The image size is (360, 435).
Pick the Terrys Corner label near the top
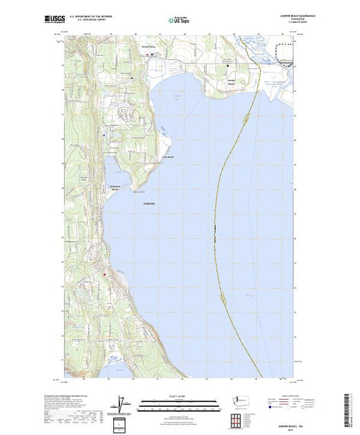pos(147,48)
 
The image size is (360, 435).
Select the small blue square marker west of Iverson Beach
pos(104,135)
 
